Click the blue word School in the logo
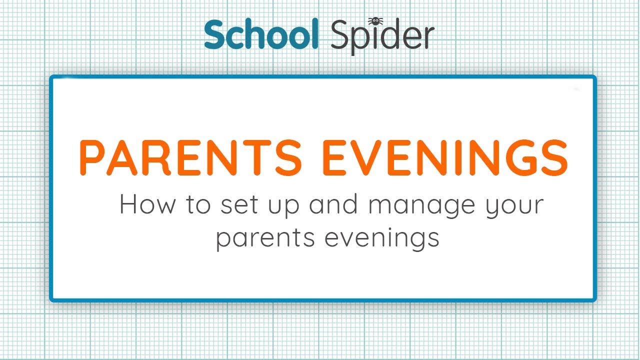[261, 35]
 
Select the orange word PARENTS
[190, 157]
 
